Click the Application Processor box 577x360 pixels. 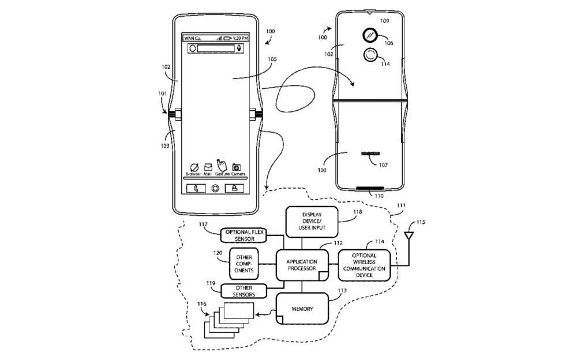click(x=301, y=265)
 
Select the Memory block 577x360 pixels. click(x=302, y=309)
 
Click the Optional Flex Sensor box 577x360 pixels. click(x=245, y=235)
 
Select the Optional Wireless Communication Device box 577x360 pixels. click(x=364, y=265)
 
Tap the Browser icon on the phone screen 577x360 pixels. click(x=193, y=167)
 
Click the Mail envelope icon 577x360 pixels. click(x=208, y=167)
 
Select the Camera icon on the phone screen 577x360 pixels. click(x=237, y=167)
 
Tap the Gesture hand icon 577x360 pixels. click(x=222, y=166)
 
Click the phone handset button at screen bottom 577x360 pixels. click(x=196, y=187)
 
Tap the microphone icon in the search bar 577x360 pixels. click(x=239, y=48)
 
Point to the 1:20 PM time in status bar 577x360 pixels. click(x=241, y=38)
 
